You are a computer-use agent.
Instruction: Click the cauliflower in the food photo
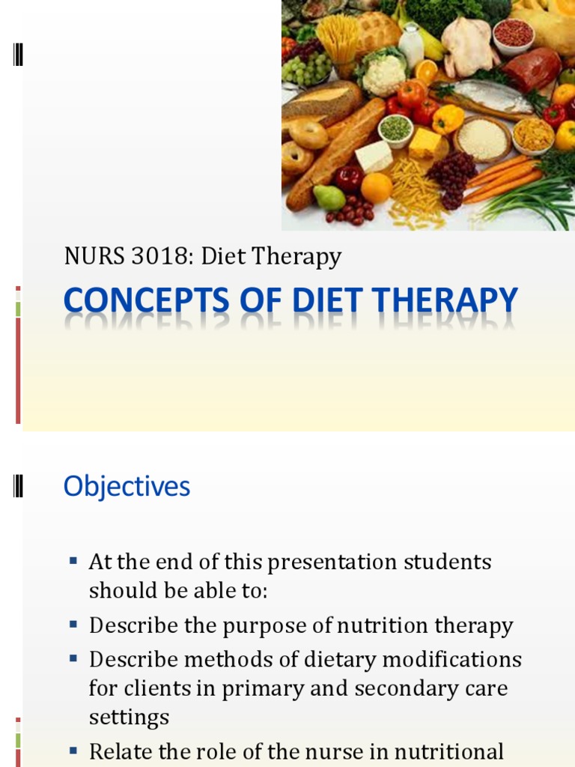tap(382, 74)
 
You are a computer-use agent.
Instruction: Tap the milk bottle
tap(411, 43)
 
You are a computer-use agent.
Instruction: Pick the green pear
tap(329, 196)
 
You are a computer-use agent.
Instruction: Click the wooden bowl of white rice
tap(482, 138)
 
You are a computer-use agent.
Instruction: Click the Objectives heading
tap(127, 487)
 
